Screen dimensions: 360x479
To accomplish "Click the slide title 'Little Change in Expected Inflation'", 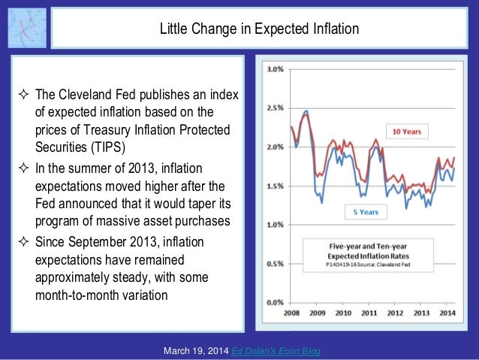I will [258, 30].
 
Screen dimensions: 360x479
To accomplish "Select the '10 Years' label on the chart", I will [406, 131].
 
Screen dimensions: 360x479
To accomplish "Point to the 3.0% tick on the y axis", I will [274, 69].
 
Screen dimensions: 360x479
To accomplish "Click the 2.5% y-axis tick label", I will [274, 108].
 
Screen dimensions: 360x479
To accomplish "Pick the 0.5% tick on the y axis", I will [274, 264].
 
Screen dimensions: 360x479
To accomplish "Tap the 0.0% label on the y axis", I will [274, 302].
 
